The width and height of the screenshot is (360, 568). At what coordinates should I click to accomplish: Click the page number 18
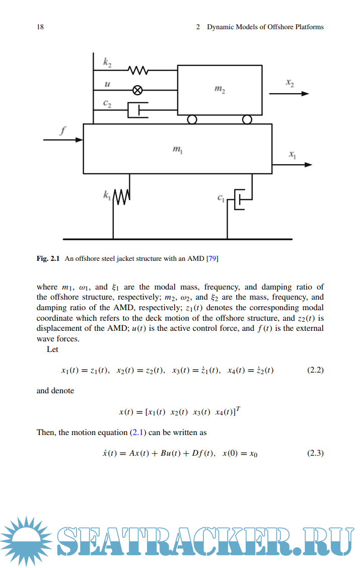tap(40, 27)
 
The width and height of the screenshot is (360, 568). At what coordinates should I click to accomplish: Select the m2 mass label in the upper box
tap(220, 90)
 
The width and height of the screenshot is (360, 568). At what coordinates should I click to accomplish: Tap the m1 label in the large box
tap(177, 149)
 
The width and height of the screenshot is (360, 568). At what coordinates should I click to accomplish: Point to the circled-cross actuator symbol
tap(137, 90)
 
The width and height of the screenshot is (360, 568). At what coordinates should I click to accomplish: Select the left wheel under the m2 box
tap(192, 120)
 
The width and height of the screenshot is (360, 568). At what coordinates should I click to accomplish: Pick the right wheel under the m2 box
tap(247, 120)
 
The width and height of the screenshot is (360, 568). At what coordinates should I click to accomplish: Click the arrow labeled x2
tap(289, 93)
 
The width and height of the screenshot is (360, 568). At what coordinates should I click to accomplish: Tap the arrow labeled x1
tap(292, 164)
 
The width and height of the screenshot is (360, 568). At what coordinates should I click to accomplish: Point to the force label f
tap(62, 131)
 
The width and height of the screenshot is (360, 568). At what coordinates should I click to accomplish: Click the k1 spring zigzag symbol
tap(121, 197)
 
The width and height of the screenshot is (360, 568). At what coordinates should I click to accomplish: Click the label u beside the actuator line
tap(106, 85)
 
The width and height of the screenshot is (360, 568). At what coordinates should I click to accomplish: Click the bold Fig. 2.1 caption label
tap(48, 259)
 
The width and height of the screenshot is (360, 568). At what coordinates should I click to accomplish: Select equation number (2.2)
tap(315, 370)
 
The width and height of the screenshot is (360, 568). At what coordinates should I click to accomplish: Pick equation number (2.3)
tap(315, 453)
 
